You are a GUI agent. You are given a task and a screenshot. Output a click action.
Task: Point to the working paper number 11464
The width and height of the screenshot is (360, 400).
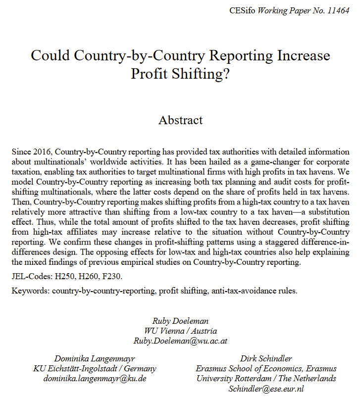pos(338,10)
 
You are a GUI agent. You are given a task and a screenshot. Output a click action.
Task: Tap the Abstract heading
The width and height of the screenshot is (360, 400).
pos(180,120)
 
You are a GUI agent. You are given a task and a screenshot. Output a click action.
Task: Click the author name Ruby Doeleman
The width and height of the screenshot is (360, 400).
pos(180,320)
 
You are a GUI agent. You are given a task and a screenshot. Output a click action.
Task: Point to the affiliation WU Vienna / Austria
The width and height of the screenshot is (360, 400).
pos(180,331)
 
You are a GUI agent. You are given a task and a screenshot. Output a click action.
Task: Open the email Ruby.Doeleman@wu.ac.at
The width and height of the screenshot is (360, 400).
pos(180,341)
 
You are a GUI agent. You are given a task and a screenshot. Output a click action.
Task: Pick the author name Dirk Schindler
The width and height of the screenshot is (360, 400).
pos(266,358)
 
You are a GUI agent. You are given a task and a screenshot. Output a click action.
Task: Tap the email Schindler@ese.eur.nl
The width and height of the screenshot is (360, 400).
pos(266,389)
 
